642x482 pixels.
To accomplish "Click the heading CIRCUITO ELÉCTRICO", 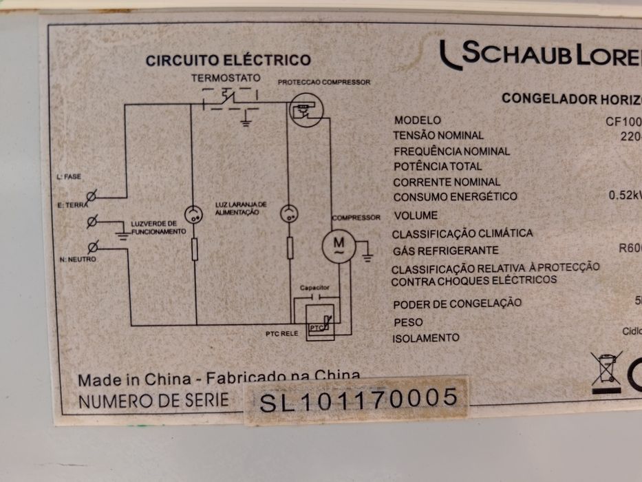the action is click(x=228, y=61).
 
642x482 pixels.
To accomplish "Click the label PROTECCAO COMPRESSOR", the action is click(x=323, y=83).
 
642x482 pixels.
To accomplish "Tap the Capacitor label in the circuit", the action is click(x=314, y=286).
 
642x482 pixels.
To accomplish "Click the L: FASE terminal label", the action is click(x=69, y=177).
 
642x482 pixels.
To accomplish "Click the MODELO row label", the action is click(x=418, y=120).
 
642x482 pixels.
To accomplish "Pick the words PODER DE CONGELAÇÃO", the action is click(x=457, y=304).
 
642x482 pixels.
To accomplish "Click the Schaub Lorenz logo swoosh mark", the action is click(x=450, y=55).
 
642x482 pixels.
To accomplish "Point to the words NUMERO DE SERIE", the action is click(x=153, y=401).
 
